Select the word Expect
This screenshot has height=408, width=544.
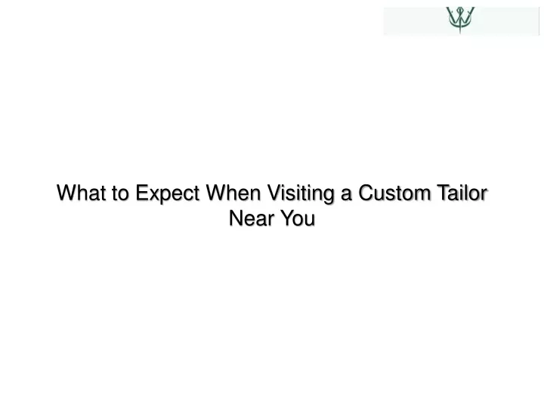[x=167, y=193]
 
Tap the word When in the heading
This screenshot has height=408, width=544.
[x=233, y=193]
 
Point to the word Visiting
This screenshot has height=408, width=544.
[x=301, y=194]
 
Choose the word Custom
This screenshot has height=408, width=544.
[x=394, y=193]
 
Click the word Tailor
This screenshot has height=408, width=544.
[x=462, y=193]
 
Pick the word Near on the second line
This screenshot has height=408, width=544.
[x=252, y=218]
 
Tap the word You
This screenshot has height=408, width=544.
[x=298, y=218]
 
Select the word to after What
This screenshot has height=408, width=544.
[x=120, y=193]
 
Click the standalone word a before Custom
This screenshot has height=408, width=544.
[x=346, y=195]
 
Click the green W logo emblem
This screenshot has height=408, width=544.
[x=460, y=20]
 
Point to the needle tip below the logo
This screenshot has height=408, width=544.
[x=460, y=33]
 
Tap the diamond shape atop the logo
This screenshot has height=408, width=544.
[x=460, y=9]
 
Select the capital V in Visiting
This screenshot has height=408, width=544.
[x=274, y=193]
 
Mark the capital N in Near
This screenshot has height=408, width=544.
[x=236, y=218]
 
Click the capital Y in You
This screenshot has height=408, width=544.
[x=287, y=218]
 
